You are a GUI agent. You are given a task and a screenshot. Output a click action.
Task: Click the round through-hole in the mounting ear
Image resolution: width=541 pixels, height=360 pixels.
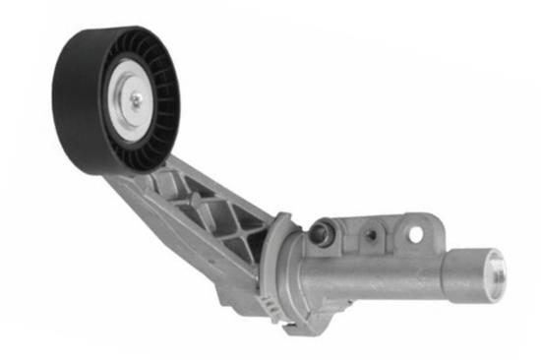point(414,234)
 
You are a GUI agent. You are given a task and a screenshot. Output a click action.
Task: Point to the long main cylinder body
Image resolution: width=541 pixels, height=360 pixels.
point(374,280)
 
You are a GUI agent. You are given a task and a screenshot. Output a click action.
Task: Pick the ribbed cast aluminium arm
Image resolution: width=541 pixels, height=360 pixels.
point(197,211)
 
